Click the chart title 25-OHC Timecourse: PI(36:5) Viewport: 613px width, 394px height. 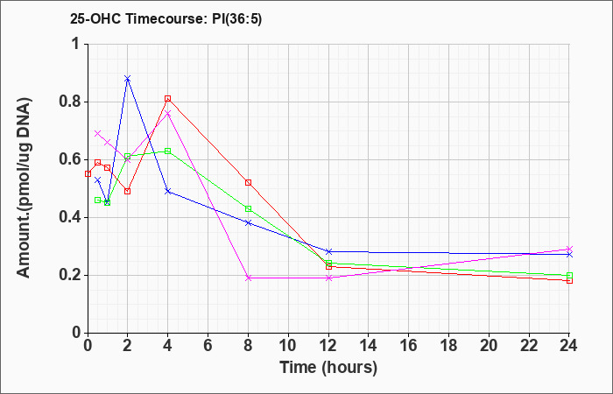[x=166, y=18]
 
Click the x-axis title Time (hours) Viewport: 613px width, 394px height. [x=328, y=368]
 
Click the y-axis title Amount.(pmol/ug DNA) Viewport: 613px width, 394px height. [x=25, y=188]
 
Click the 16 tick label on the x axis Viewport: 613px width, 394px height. [x=409, y=346]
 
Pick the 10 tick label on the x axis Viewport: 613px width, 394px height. [x=288, y=346]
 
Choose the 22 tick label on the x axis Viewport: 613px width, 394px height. [x=529, y=346]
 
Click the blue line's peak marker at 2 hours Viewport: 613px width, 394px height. [x=128, y=79]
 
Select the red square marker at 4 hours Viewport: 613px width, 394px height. [x=168, y=98]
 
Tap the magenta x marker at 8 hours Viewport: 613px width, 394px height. [x=248, y=278]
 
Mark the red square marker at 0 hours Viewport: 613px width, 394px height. [x=88, y=174]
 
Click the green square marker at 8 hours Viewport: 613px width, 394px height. [x=248, y=208]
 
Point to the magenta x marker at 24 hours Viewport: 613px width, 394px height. [x=569, y=249]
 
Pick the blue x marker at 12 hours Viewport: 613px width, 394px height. [x=328, y=251]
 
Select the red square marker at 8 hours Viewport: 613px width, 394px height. [x=248, y=182]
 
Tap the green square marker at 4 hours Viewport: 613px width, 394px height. [x=168, y=151]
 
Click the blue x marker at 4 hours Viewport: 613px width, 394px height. [x=168, y=191]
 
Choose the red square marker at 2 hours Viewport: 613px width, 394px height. [x=128, y=191]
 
